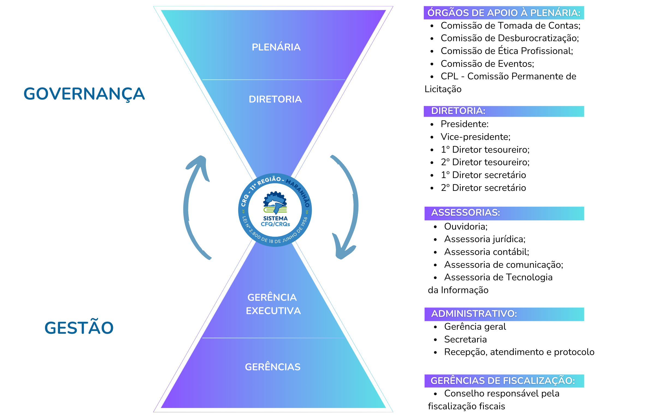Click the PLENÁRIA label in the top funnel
[x=276, y=47]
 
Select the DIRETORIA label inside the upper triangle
[x=275, y=99]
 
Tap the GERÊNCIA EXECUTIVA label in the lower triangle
[x=273, y=304]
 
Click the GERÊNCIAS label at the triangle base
[x=272, y=367]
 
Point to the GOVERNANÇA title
[x=84, y=94]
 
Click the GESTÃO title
[x=79, y=328]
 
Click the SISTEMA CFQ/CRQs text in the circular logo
[x=275, y=221]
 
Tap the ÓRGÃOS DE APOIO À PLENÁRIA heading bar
[x=504, y=13]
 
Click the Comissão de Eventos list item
[x=487, y=64]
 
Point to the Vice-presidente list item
[x=475, y=137]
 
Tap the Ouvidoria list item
[x=466, y=227]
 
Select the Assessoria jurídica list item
[x=484, y=239]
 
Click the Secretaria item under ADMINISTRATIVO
[x=465, y=339]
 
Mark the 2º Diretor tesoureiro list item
[x=485, y=162]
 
